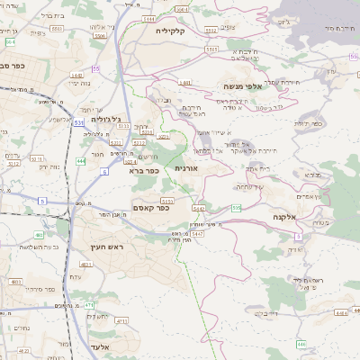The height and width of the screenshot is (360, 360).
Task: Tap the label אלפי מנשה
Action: [x=244, y=86]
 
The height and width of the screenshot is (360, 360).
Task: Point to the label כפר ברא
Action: [x=144, y=169]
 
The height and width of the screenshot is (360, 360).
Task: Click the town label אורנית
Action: [x=186, y=168]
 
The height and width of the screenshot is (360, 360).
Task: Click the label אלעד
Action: [x=101, y=346]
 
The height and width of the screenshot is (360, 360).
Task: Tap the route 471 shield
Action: [x=90, y=305]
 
